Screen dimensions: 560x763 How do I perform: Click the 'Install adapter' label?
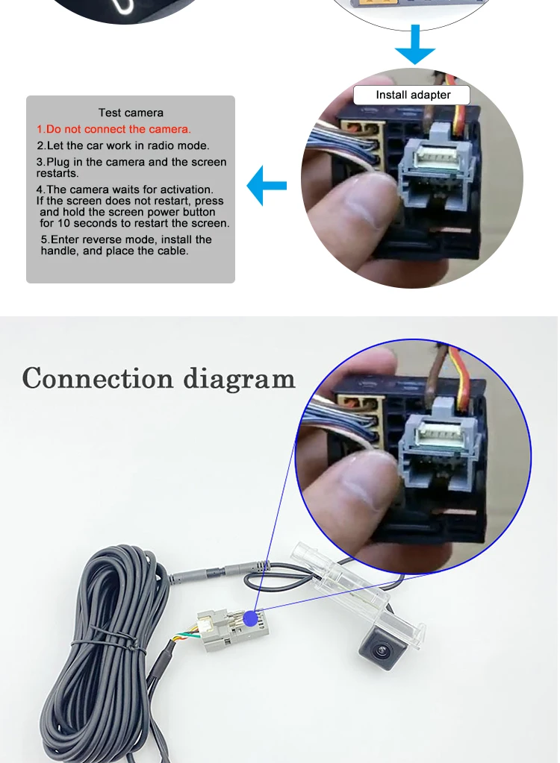point(412,95)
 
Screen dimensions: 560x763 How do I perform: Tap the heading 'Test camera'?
point(131,113)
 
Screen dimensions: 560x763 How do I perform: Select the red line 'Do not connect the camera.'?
point(114,129)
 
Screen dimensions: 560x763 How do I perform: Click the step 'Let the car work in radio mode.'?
point(123,145)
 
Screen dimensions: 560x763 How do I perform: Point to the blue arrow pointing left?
point(267,186)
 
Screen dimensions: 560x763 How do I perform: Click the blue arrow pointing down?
point(414,45)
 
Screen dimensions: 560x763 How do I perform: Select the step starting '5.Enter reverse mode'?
point(125,245)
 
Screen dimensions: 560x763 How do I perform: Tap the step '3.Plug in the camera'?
point(131,167)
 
